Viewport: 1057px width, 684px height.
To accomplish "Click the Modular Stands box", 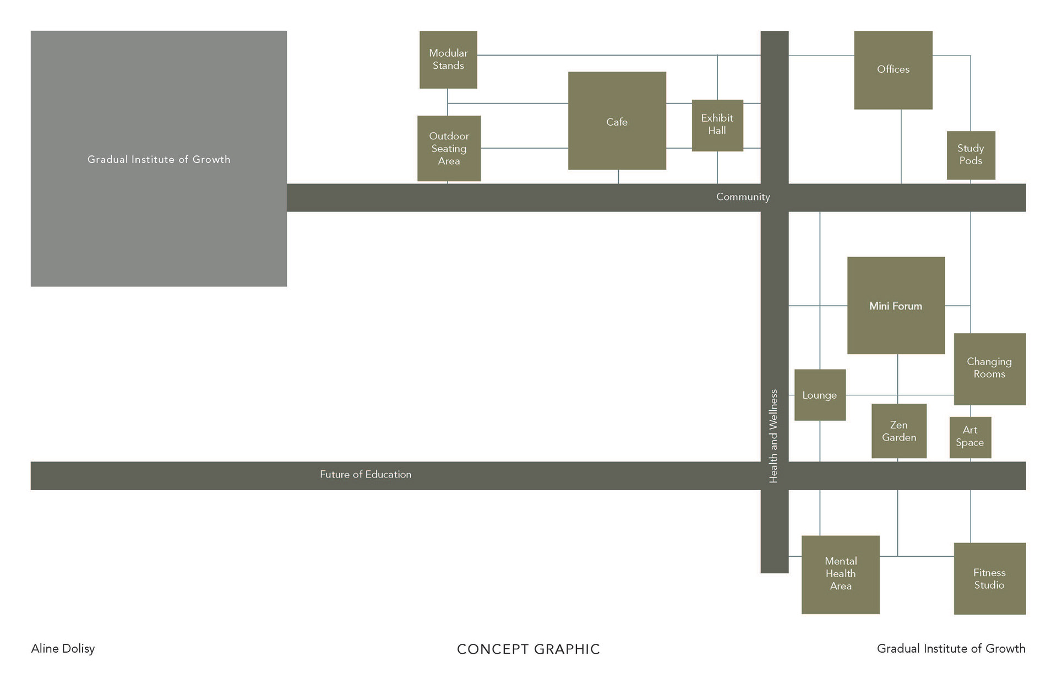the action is [448, 59].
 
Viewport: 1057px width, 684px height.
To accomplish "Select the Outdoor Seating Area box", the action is [449, 148].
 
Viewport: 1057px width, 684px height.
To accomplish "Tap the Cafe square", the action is [617, 121].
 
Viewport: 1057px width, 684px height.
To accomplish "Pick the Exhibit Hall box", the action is [717, 125].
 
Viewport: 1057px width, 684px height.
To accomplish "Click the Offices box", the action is [893, 70].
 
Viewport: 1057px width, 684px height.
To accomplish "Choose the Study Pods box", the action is [971, 155].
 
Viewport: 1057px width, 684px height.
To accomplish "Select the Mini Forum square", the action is [896, 305].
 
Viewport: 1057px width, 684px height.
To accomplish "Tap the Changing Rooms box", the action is [989, 368].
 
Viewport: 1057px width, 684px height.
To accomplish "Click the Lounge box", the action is [820, 395].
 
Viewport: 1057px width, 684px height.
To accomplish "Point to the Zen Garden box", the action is [899, 431].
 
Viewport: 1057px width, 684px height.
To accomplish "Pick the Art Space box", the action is [970, 437].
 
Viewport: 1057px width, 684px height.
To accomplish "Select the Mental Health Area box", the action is [840, 574].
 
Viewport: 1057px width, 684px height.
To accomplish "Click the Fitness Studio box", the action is [989, 578].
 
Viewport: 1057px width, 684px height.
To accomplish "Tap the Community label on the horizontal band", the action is [743, 197].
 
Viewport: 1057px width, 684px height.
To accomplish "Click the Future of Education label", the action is [366, 475].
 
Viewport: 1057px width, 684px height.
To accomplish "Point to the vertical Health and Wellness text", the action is [773, 436].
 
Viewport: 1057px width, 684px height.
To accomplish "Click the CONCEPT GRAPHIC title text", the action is [528, 649].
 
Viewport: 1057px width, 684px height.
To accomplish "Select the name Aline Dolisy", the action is [63, 649].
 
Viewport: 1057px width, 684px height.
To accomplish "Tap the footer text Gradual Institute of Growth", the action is [951, 649].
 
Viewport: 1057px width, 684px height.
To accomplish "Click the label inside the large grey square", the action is [159, 160].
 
